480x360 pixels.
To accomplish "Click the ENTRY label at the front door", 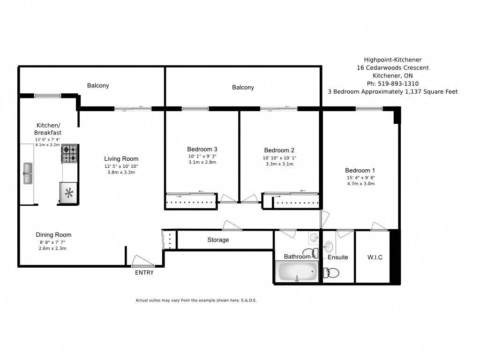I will (144, 273).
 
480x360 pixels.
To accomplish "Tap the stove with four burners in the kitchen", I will (69, 154).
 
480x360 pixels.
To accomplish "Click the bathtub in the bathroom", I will (298, 271).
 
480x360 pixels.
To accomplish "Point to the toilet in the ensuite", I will (331, 272).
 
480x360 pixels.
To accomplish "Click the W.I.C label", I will (374, 257).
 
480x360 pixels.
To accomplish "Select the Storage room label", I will (218, 240).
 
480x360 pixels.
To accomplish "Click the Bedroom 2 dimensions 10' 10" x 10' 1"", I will (279, 158).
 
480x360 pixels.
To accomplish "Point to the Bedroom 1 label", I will (360, 170).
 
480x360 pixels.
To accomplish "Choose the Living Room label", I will (121, 158).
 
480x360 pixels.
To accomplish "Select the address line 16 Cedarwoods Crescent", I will (393, 67).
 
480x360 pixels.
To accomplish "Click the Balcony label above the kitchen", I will (98, 85).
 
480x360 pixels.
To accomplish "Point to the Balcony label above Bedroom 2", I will (243, 87).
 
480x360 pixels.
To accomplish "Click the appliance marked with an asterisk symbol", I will (69, 193).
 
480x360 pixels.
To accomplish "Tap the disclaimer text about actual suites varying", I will (196, 300).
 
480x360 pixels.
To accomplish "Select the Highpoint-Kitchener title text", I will (393, 60).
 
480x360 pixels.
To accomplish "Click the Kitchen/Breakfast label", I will (48, 129).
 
